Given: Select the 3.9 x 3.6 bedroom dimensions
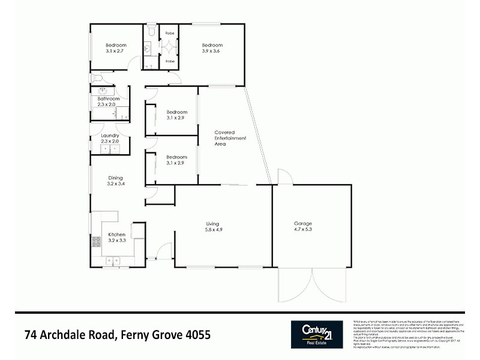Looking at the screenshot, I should [x=212, y=52].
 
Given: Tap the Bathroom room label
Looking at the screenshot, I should [x=109, y=99].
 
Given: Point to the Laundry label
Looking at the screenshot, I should [x=109, y=136].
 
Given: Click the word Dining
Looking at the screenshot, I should [x=115, y=178].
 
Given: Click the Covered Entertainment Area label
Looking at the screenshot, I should [x=224, y=138].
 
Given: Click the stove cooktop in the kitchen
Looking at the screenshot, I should [x=95, y=242].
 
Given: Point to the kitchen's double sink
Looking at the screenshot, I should [x=112, y=260].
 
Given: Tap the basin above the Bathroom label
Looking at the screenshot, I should [x=97, y=90].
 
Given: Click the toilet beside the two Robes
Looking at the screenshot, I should [x=151, y=30].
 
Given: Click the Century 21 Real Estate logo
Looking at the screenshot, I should [x=317, y=334].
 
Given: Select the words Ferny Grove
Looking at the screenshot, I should [x=148, y=334].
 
